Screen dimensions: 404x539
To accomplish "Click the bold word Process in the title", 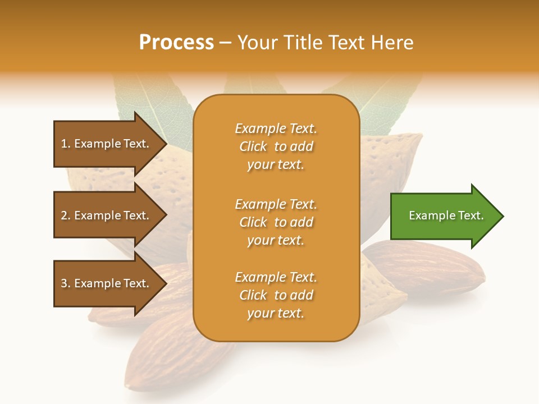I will coord(176,43).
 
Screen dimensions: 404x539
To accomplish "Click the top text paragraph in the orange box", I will coord(276,146).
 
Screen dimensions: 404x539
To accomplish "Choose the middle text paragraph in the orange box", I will coord(276,222).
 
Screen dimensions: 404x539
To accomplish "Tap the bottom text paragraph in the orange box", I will coord(276,295).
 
